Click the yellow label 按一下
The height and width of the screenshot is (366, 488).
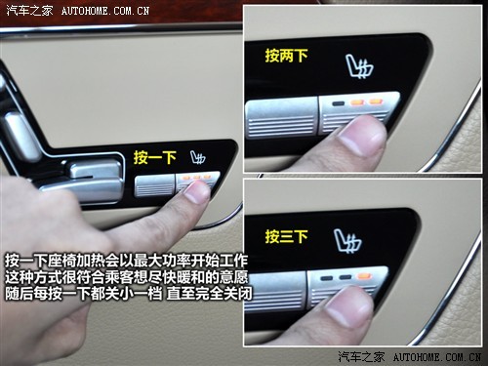155,157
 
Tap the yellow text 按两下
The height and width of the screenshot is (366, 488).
286,56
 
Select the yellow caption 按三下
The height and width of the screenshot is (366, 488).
286,236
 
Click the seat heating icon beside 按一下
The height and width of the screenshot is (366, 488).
198,158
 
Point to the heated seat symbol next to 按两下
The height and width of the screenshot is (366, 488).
359,67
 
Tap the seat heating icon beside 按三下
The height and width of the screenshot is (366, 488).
348,241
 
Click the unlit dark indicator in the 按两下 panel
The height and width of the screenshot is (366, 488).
338,104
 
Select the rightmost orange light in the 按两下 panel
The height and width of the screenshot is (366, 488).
376,102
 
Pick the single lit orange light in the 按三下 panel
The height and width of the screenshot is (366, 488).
363,276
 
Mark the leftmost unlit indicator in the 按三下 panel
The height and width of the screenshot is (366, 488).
326,278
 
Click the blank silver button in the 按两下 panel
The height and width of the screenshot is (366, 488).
282,117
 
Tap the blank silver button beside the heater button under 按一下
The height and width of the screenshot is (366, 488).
155,185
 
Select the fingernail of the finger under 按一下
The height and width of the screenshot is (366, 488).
197,192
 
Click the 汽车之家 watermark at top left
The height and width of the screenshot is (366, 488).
30,11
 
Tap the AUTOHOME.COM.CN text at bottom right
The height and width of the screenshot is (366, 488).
437,357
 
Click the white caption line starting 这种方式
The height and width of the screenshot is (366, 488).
126,277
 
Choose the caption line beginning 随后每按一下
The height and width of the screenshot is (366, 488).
129,294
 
